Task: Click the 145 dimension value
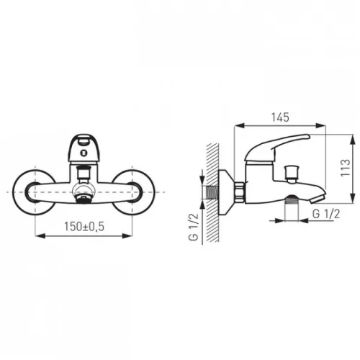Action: [x=280, y=117]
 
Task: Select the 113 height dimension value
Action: [x=346, y=168]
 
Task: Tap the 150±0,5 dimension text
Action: [x=84, y=227]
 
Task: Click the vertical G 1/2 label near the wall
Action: [x=194, y=227]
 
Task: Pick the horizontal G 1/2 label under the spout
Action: [x=326, y=214]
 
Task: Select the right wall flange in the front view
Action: [x=133, y=192]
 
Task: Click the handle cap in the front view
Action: [x=84, y=148]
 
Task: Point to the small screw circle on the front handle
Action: [x=84, y=152]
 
